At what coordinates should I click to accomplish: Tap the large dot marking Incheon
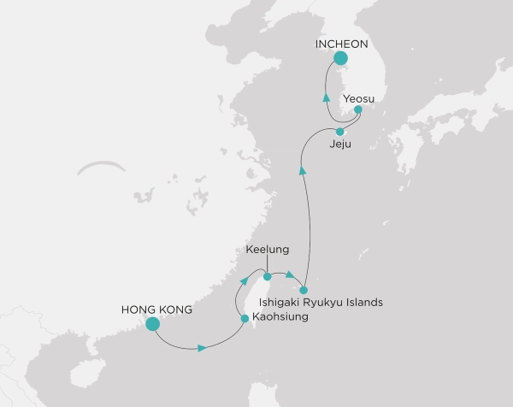point(341,59)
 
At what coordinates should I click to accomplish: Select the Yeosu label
point(358,98)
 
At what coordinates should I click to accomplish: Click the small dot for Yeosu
point(358,109)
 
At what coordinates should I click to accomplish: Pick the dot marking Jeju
point(340,132)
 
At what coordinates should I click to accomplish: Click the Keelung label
point(268,251)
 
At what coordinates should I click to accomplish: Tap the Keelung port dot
point(268,276)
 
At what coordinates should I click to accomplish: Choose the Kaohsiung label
point(279,317)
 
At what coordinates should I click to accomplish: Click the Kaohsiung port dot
point(245,318)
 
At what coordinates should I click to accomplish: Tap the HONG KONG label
point(156,309)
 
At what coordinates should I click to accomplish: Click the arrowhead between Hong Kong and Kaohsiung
point(202,348)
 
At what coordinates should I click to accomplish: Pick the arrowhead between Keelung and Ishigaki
point(291,275)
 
